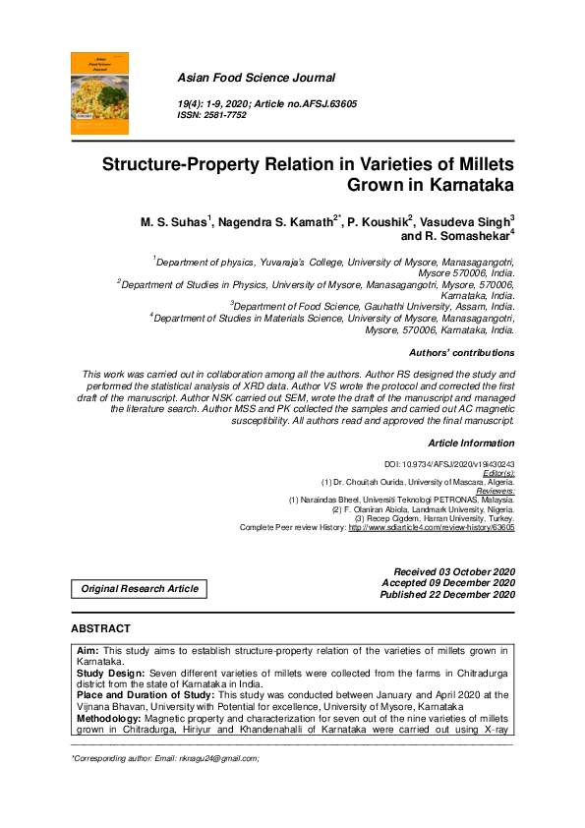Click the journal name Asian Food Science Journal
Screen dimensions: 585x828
click(x=256, y=78)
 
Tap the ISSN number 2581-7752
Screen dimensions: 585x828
click(x=225, y=115)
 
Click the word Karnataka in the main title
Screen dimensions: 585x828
click(x=466, y=184)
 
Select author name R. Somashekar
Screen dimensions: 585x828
click(x=467, y=237)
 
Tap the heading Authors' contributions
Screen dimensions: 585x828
click(x=460, y=352)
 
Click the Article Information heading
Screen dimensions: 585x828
click(x=471, y=444)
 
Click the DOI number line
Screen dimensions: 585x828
click(x=448, y=464)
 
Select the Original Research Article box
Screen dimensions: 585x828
click(x=140, y=589)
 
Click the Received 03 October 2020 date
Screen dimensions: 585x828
click(x=453, y=571)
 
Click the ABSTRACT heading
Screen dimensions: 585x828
click(x=100, y=628)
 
